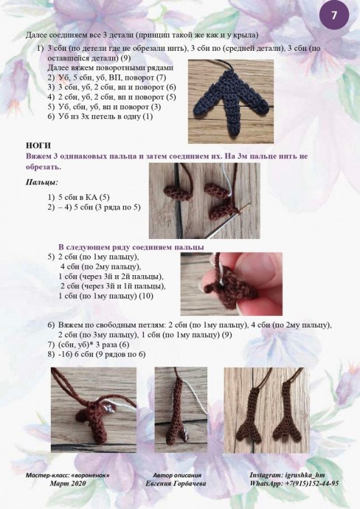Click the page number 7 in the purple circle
[334, 15]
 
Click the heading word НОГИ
[38, 145]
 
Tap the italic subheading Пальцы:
[42, 182]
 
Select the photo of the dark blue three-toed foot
[230, 101]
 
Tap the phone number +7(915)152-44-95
[312, 483]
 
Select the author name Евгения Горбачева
[176, 483]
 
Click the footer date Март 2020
[68, 483]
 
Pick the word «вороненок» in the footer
[91, 475]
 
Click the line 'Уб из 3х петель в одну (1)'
[105, 117]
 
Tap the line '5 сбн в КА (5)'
[84, 197]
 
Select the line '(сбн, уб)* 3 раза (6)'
[94, 344]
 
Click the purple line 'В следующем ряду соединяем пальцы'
[131, 247]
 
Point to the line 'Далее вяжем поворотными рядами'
[111, 68]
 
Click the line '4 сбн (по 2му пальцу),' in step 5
[100, 267]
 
